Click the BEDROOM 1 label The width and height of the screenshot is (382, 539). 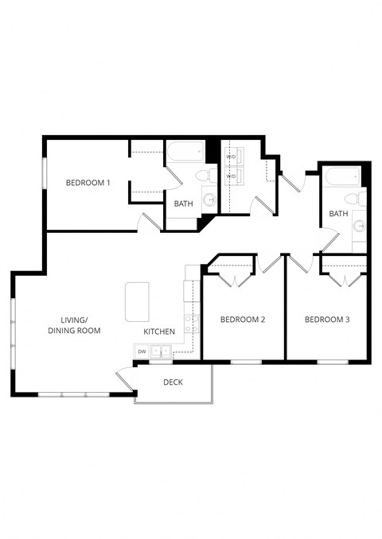[88, 183]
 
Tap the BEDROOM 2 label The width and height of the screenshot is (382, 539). [242, 320]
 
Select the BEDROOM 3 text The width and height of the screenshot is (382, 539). [327, 320]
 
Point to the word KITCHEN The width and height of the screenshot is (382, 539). [159, 331]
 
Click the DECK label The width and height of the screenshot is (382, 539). [173, 382]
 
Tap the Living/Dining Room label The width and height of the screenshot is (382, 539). [74, 325]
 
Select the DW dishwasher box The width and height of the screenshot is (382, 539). [142, 351]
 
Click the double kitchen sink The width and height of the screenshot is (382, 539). [162, 351]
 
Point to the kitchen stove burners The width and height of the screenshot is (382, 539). [192, 323]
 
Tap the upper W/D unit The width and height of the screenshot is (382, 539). [232, 157]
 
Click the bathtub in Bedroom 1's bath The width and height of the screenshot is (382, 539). [185, 152]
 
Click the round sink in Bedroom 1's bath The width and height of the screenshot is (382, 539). [209, 200]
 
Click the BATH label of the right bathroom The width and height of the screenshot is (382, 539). [339, 214]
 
